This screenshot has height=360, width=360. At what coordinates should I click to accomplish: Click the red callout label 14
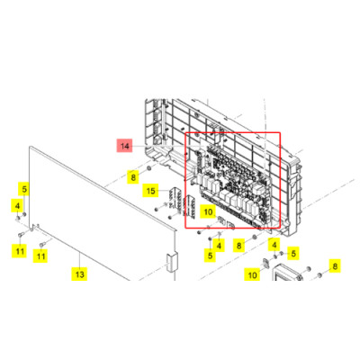(124, 145)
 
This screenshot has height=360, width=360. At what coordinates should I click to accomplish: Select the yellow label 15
(151, 191)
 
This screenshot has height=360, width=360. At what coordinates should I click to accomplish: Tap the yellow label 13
(79, 274)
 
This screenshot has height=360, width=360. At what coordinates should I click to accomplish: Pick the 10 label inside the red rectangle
(207, 213)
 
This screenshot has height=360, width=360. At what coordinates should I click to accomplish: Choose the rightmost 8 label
(334, 265)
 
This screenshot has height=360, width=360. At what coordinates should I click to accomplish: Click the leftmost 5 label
(25, 189)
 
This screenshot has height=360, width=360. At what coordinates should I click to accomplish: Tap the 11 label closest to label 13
(40, 256)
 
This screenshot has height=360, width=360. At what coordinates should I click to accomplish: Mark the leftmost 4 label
(17, 206)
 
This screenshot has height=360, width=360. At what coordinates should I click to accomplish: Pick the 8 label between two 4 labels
(238, 245)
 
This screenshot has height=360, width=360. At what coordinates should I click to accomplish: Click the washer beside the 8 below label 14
(149, 167)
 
